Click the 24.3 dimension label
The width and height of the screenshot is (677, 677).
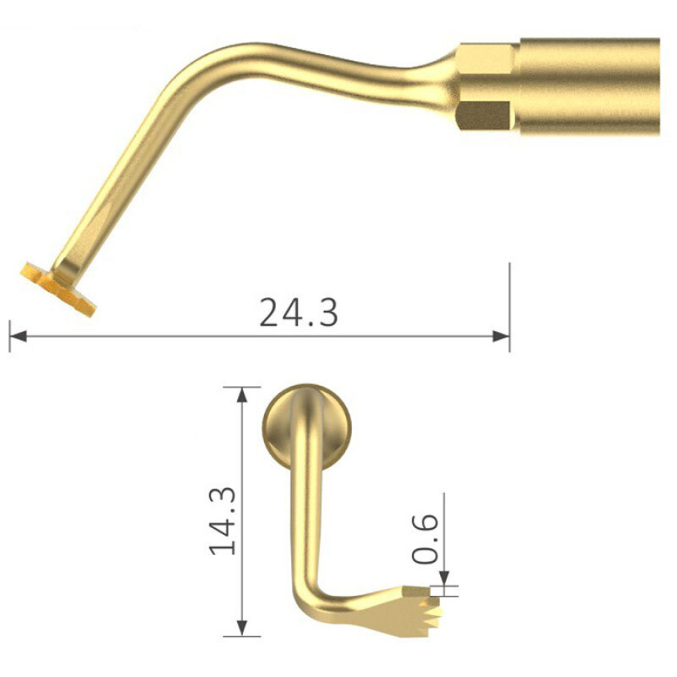[x=299, y=312]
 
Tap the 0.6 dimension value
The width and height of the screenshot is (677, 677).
[x=425, y=539]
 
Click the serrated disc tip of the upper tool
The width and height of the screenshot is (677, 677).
[x=59, y=287]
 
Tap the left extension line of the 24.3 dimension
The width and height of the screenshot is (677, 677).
[x=9, y=335]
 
